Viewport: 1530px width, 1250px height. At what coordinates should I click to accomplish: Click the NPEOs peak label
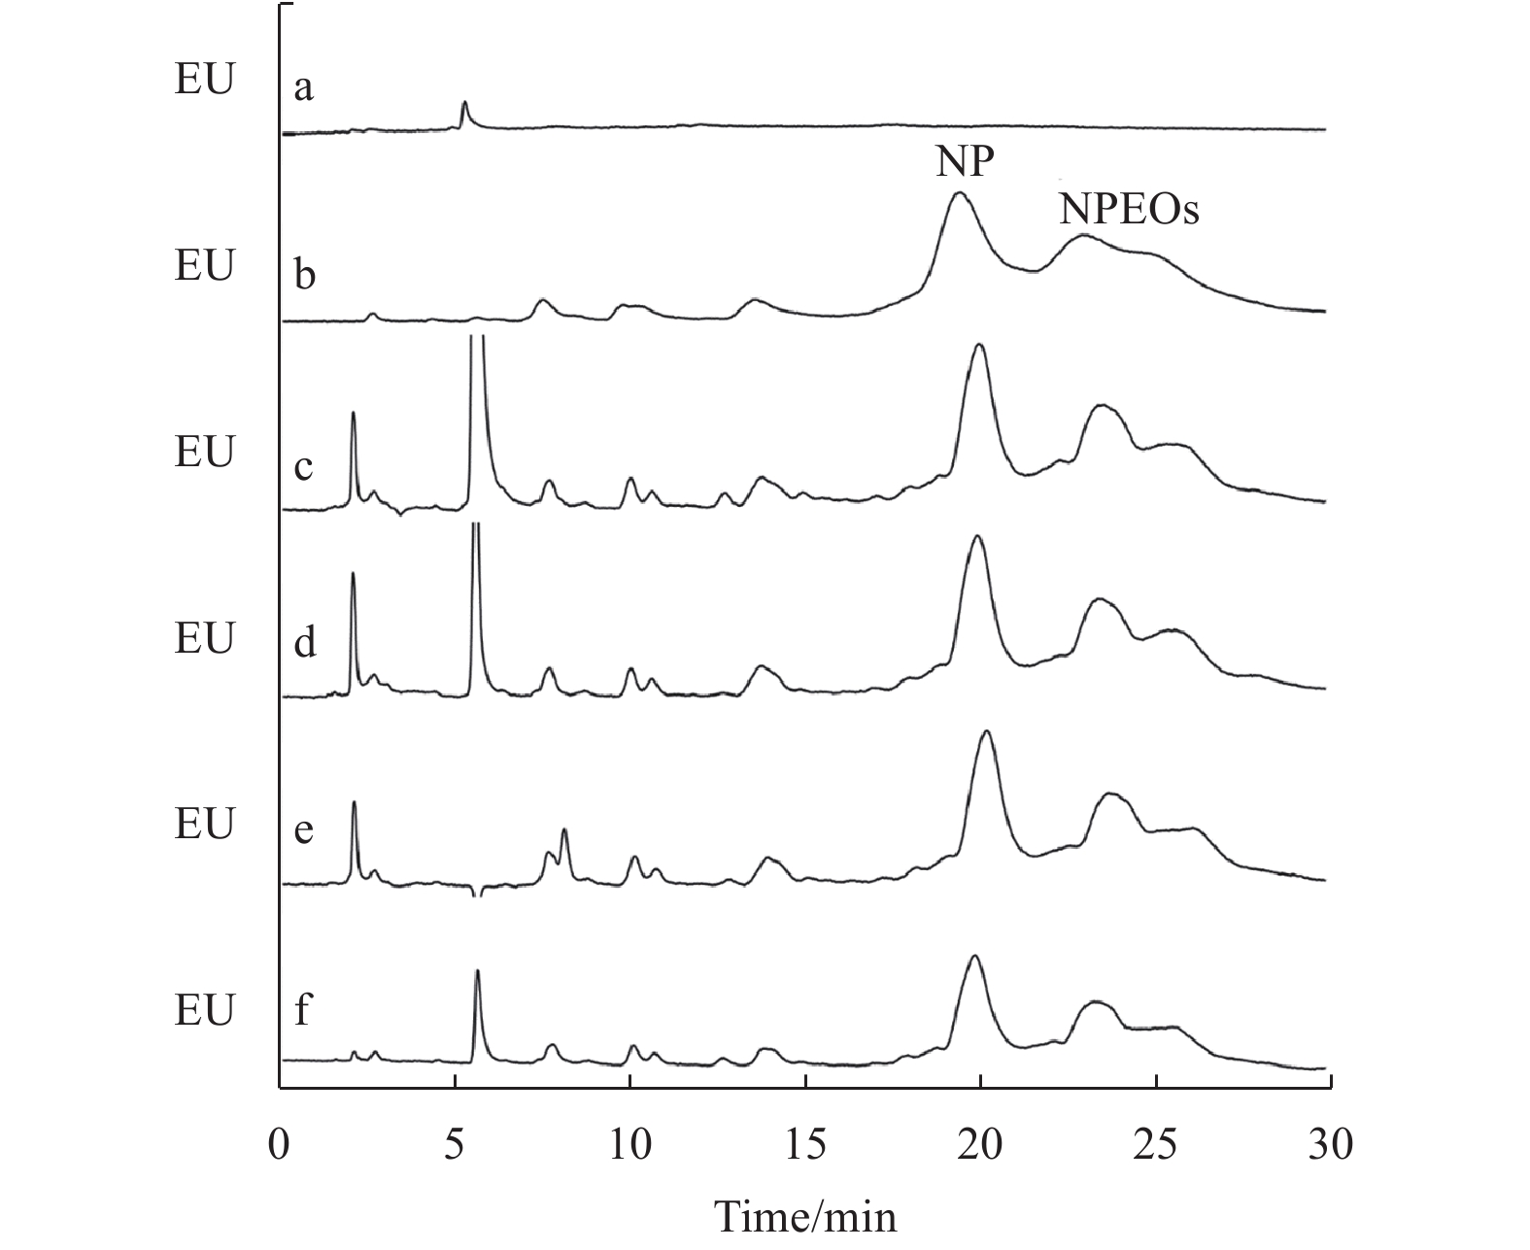point(1129,209)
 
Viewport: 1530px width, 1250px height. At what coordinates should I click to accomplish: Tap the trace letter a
point(304,89)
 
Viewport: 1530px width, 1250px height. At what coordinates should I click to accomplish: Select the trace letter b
point(304,276)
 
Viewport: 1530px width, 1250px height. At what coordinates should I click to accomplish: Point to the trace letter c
point(304,466)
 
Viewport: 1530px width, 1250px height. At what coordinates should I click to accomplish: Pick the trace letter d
point(305,642)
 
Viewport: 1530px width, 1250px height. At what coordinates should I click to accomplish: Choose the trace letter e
point(304,831)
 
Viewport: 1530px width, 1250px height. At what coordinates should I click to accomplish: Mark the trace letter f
point(303,1011)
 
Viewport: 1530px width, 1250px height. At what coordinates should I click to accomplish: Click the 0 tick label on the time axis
point(280,1145)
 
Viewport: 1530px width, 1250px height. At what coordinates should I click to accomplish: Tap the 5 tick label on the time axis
point(456,1145)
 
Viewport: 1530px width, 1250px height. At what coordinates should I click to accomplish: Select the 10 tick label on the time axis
point(630,1145)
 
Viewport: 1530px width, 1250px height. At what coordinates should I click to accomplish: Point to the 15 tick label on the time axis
point(805,1145)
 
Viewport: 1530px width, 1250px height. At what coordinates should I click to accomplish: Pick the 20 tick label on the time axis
point(980,1145)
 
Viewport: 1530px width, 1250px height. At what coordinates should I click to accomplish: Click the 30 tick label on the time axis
point(1330,1145)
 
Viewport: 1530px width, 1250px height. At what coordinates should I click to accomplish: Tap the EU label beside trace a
point(204,81)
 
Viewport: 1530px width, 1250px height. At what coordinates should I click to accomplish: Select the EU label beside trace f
point(204,1011)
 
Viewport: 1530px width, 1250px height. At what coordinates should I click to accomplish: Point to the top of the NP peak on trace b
point(960,193)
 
